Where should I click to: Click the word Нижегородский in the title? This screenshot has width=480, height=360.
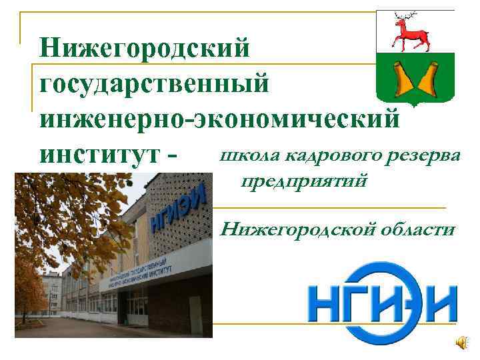tap(145, 48)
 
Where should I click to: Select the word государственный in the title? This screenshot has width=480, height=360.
tap(155, 85)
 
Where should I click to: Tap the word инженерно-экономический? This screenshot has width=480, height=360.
tap(220, 119)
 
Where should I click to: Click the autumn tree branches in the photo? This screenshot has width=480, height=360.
tap(60, 220)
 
